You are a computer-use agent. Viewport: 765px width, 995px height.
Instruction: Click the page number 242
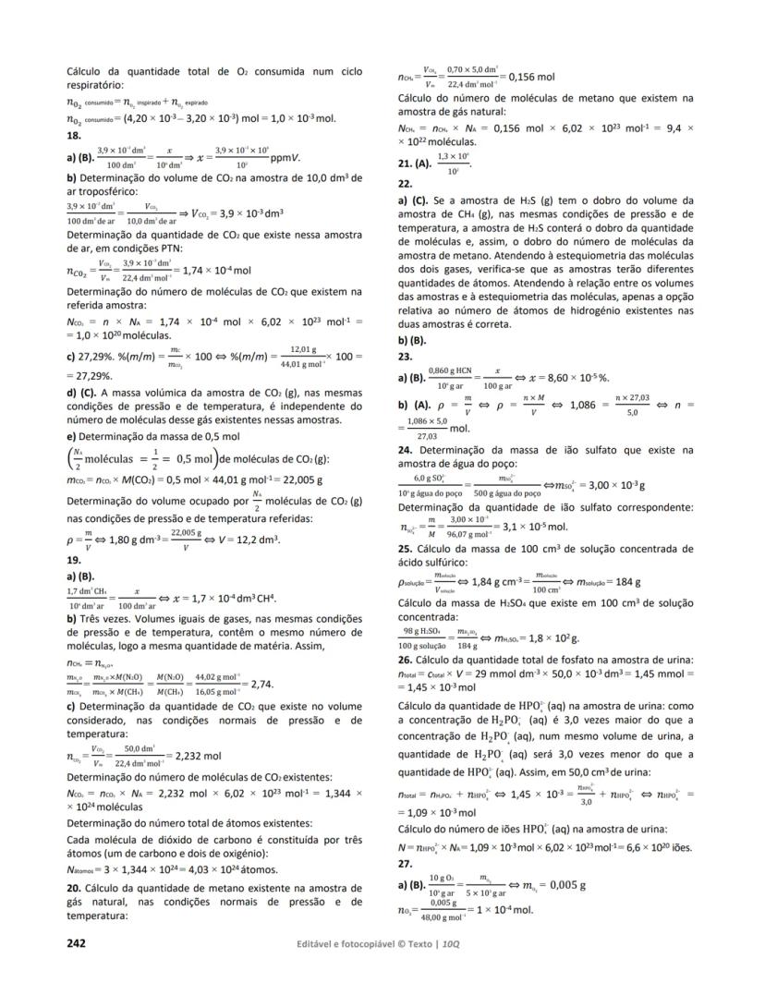pos(78,943)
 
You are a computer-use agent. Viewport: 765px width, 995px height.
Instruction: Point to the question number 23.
pos(404,356)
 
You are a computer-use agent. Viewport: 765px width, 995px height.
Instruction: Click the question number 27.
pos(404,864)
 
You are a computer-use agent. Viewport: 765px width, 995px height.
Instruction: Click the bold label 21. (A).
pos(417,164)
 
